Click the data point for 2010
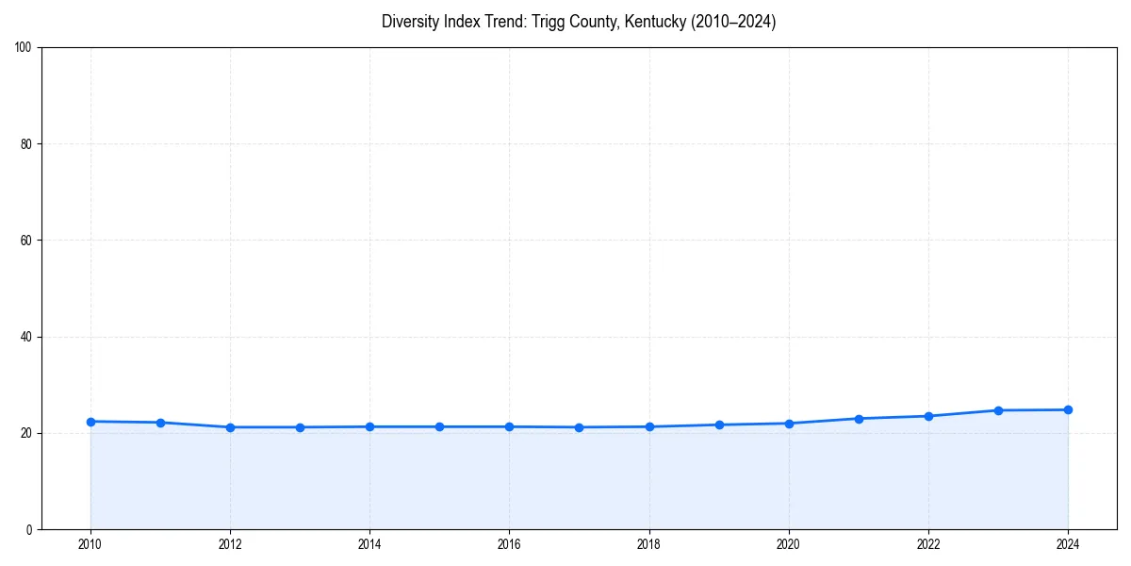[x=90, y=422]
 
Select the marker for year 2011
[x=160, y=423]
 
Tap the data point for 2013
[x=300, y=427]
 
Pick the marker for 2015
[x=439, y=426]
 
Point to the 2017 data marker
[x=579, y=427]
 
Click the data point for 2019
[x=719, y=424]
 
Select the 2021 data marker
[x=859, y=419]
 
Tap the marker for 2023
[x=998, y=410]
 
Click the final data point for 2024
[x=1068, y=409]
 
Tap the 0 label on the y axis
[x=30, y=529]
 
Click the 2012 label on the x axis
[x=230, y=544]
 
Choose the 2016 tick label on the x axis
[x=509, y=544]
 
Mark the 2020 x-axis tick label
[x=789, y=544]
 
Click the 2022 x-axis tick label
[x=928, y=544]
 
